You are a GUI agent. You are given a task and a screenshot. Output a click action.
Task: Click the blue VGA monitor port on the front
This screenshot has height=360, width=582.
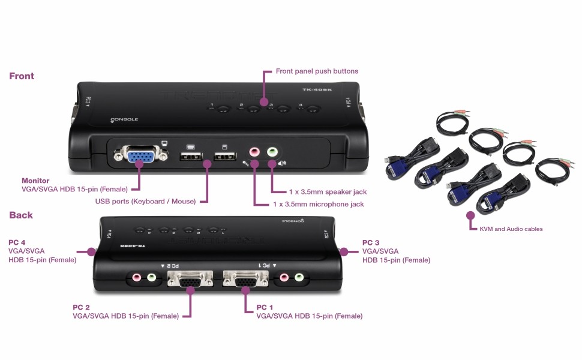click(138, 157)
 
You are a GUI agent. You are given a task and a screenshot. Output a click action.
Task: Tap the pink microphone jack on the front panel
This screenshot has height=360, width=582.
click(254, 152)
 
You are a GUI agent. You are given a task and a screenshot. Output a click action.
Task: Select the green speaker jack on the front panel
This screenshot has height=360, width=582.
click(272, 152)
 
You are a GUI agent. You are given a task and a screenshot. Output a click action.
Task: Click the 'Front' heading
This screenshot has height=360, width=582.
click(22, 76)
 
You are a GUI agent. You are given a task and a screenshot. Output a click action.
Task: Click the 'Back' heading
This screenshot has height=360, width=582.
click(21, 215)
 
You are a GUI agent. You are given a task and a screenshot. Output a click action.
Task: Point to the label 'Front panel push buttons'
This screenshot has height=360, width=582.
click(317, 71)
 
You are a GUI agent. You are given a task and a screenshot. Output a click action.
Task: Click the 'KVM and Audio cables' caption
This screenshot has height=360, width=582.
click(511, 229)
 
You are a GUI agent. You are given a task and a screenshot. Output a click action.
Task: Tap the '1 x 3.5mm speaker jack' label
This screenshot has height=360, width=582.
click(328, 192)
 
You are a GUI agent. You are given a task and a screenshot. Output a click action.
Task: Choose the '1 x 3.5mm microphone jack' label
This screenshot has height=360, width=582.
click(319, 205)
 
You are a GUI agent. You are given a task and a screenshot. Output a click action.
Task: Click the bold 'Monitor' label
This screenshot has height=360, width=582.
click(35, 181)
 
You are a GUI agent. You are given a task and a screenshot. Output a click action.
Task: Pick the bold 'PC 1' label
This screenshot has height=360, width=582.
click(265, 307)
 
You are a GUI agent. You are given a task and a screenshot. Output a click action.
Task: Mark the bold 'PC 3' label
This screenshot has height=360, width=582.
click(371, 242)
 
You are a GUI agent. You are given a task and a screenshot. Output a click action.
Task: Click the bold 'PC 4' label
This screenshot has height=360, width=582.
click(17, 242)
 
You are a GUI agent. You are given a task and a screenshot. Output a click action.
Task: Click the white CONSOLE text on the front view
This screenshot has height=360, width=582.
click(124, 119)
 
